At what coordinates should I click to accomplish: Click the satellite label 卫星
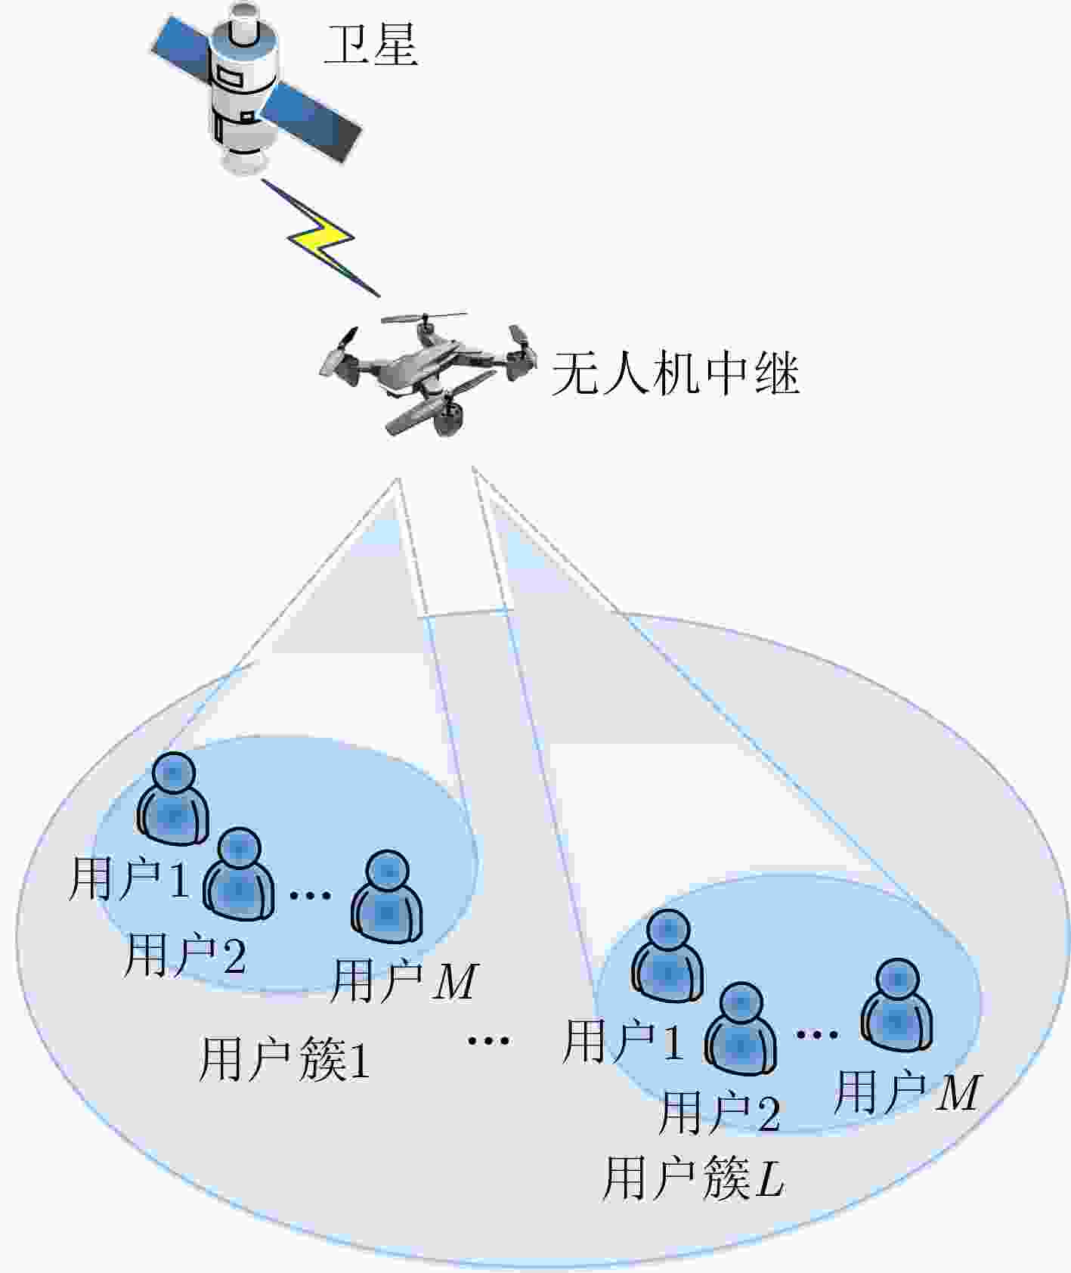[x=370, y=45]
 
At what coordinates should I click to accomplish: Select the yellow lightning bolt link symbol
[x=322, y=237]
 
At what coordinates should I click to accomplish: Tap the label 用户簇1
[x=284, y=1060]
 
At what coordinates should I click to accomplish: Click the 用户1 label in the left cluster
[x=128, y=879]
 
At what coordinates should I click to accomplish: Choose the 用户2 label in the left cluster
[x=185, y=954]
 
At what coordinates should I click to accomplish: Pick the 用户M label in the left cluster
[x=404, y=980]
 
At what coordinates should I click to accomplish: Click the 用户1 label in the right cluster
[x=624, y=1041]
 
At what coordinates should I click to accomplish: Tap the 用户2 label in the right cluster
[x=720, y=1113]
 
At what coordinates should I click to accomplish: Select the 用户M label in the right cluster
[x=907, y=1092]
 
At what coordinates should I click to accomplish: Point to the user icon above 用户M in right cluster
[x=896, y=1005]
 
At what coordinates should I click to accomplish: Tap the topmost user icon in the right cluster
[x=667, y=956]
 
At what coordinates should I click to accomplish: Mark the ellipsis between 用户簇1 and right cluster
[x=488, y=1040]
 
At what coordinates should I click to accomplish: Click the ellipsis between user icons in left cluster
[x=311, y=894]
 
